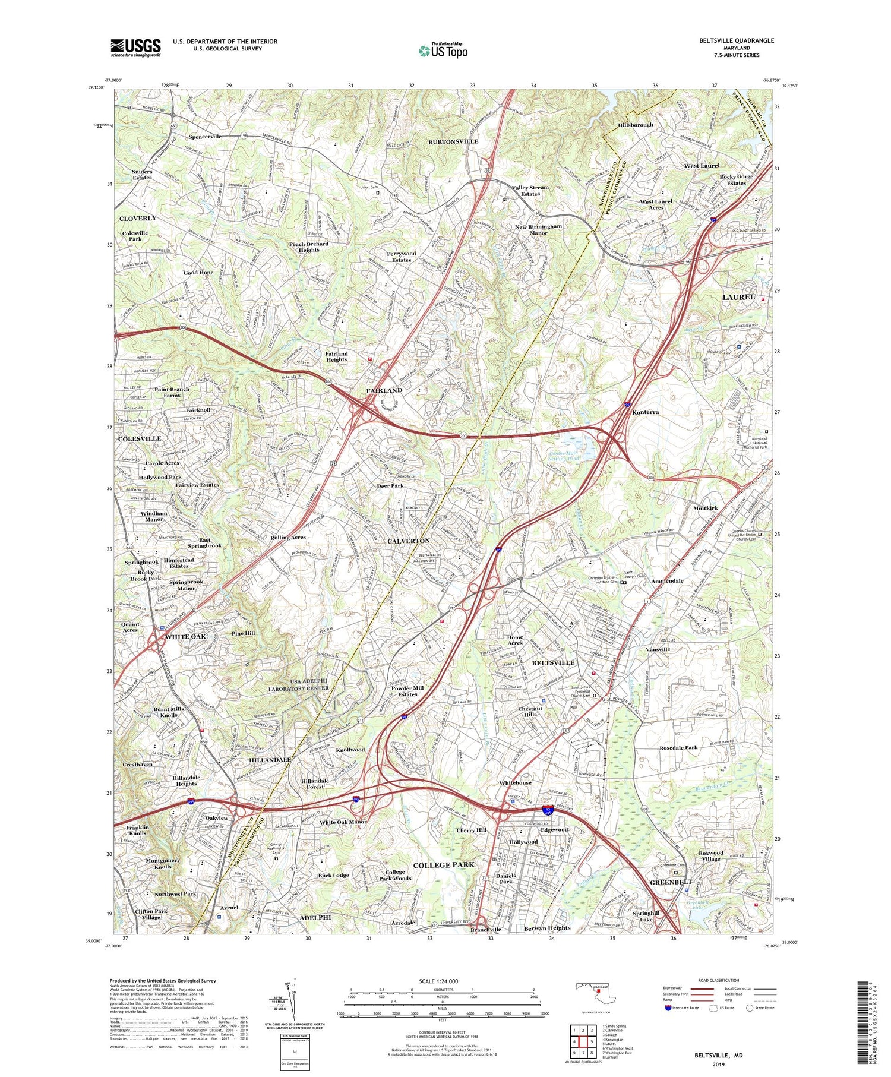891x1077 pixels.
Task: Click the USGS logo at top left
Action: (x=135, y=48)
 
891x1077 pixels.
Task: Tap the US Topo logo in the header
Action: (x=443, y=51)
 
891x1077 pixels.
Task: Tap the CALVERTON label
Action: (x=408, y=541)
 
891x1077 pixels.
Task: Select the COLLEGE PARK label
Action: (x=443, y=865)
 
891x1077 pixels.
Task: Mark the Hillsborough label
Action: (x=634, y=125)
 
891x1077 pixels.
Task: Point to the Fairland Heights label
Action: (x=336, y=356)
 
